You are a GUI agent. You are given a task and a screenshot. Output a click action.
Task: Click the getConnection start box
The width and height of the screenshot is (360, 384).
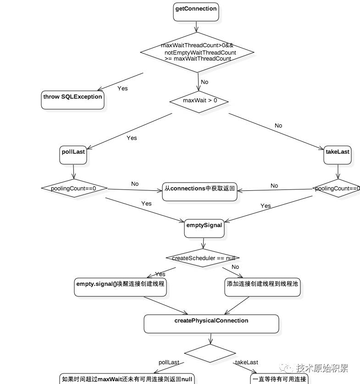196,12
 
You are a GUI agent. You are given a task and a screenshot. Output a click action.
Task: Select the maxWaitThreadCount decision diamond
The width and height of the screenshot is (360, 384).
197,52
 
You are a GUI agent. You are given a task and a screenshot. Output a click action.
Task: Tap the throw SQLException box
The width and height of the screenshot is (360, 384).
72,100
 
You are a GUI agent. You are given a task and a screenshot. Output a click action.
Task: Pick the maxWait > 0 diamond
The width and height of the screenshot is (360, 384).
199,102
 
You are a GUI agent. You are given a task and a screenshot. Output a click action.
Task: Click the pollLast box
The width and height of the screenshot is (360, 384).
73,155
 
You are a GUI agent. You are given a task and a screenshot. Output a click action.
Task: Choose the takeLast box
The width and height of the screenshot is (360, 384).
338,155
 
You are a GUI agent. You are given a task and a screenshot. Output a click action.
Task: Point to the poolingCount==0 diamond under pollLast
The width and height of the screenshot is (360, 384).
74,188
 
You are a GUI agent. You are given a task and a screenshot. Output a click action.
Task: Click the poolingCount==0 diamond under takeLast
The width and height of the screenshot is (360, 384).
337,188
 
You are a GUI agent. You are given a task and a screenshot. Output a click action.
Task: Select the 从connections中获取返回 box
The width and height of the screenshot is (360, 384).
199,191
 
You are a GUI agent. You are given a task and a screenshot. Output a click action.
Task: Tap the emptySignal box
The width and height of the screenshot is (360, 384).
204,228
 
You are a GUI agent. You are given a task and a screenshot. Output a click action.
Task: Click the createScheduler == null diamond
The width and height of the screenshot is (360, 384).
203,258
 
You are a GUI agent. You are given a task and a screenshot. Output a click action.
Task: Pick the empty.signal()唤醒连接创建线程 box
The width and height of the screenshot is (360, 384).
121,287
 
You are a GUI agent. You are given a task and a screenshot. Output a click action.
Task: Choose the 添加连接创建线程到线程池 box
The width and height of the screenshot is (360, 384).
262,287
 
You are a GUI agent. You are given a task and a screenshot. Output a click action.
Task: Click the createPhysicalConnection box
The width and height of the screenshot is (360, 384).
211,324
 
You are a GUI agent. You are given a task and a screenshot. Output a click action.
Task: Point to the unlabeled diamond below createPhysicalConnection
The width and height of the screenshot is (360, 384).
210,353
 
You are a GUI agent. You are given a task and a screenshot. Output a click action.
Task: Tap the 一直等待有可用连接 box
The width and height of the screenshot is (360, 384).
279,379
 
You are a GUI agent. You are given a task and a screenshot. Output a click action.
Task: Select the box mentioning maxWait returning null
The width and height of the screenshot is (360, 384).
127,379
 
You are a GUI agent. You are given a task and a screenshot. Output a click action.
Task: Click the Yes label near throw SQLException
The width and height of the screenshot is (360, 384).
122,89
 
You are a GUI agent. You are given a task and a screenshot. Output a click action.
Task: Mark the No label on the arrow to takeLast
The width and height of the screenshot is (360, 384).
278,126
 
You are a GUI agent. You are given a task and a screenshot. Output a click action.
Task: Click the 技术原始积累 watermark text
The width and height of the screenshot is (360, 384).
322,367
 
